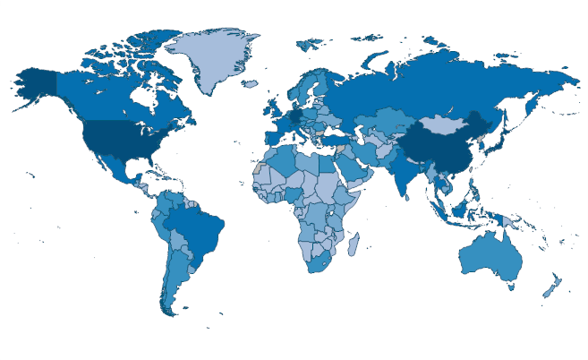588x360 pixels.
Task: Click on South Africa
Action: click(318, 262)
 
